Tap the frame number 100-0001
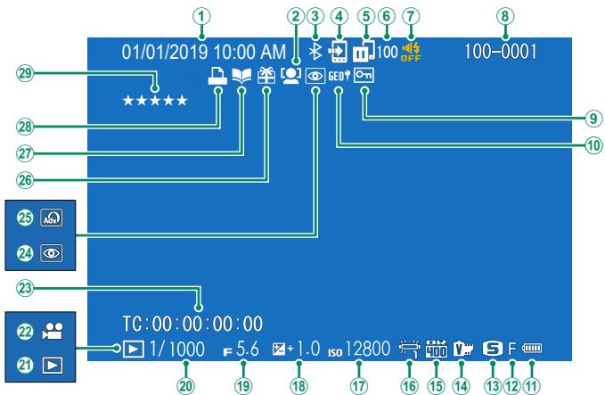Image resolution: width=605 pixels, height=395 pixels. point(501,53)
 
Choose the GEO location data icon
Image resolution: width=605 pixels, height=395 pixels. point(338,78)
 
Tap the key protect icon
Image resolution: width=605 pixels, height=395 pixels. point(364,78)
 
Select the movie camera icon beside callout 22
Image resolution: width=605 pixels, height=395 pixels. point(57,331)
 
